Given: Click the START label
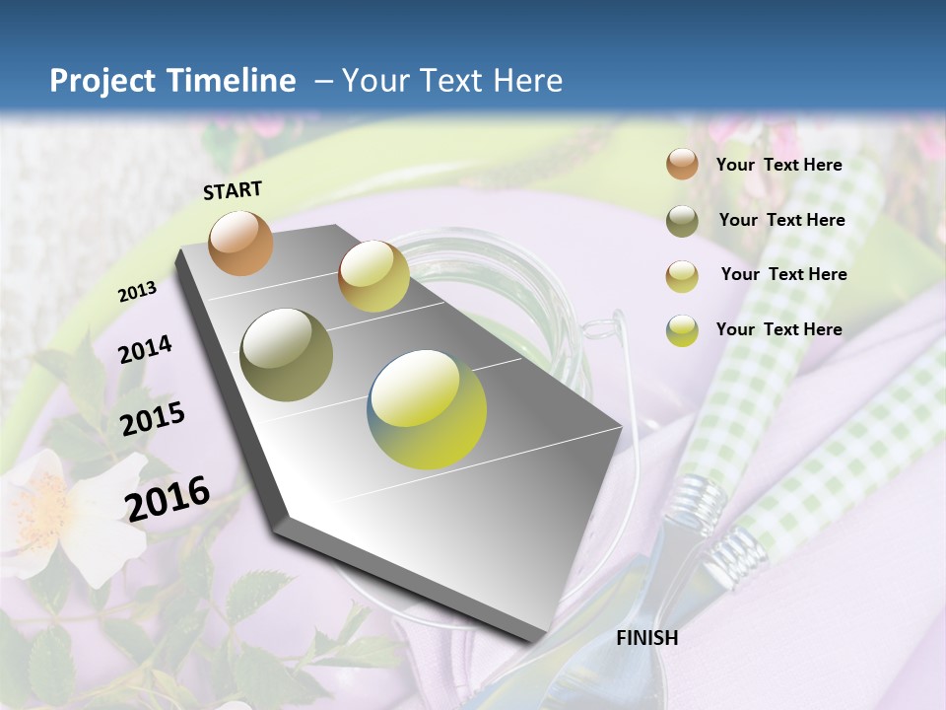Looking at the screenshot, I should (233, 190).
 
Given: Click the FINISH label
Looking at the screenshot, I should (646, 638).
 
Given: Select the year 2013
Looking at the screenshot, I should (137, 292).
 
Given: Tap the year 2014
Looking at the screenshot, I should (145, 349).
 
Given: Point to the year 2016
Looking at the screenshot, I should (168, 498).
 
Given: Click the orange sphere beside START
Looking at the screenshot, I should (241, 243).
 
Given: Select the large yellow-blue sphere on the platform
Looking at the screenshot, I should (427, 409).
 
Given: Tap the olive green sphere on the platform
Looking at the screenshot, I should (287, 355).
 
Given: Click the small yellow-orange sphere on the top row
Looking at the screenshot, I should (373, 276).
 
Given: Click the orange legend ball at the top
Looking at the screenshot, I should (682, 164).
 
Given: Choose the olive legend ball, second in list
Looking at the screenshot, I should (682, 221).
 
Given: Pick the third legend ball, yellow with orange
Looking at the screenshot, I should (682, 276).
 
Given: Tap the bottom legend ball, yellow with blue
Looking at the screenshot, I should (682, 331).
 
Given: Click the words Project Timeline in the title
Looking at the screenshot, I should (172, 81).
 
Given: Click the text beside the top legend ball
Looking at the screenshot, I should (778, 165).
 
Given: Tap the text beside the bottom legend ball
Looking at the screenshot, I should (778, 329).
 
